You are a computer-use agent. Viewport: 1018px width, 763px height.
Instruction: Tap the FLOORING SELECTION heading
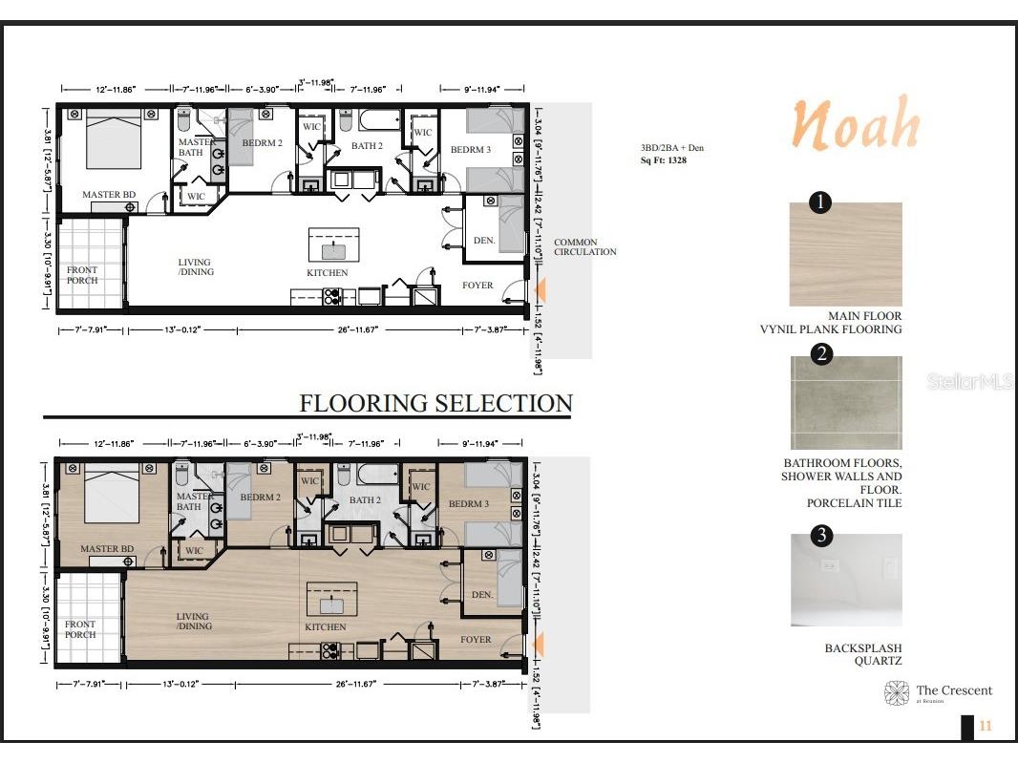point(435,403)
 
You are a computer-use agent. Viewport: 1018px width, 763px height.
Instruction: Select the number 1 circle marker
point(820,201)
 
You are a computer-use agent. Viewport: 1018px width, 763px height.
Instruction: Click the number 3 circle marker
point(820,535)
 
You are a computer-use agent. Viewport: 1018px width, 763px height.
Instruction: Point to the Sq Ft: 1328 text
point(664,160)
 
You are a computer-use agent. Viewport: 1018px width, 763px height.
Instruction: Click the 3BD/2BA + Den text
point(671,148)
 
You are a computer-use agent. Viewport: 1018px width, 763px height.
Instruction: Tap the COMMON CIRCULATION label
point(584,246)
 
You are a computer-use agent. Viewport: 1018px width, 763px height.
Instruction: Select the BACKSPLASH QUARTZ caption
point(863,654)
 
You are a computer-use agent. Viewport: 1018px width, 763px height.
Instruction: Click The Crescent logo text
point(953,690)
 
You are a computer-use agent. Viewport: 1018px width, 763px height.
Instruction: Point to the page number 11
point(986,727)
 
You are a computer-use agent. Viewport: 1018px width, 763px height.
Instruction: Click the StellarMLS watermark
point(967,382)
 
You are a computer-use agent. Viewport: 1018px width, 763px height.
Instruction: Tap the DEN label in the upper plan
point(484,241)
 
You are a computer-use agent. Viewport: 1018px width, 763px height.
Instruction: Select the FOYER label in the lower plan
point(477,640)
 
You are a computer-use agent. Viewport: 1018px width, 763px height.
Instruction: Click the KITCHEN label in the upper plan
point(327,273)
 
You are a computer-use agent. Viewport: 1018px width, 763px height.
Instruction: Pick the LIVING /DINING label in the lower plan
point(194,622)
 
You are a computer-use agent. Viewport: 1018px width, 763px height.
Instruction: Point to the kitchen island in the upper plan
point(333,246)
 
